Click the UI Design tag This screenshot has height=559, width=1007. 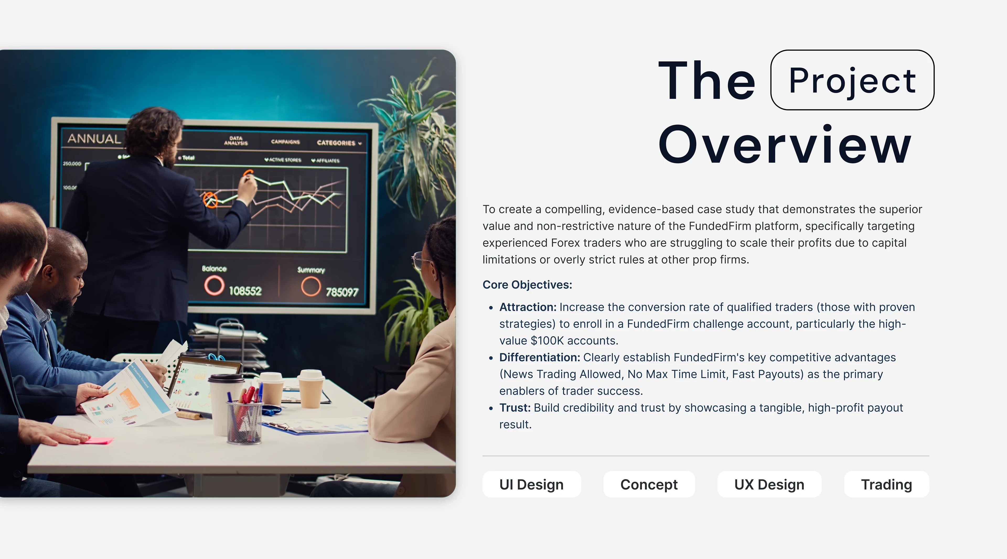pos(532,484)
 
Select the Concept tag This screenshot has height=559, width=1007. pos(649,484)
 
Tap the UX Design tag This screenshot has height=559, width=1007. pos(769,484)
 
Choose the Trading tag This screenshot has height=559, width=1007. pos(887,484)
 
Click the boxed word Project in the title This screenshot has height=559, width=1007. pos(852,80)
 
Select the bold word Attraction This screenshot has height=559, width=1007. pos(528,307)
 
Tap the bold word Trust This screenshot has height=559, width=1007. pos(515,408)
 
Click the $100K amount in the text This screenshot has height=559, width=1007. pos(547,341)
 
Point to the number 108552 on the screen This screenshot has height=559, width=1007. pos(245,291)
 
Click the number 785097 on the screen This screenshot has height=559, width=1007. pos(342,292)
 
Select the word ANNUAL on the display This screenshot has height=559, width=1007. pos(94,139)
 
